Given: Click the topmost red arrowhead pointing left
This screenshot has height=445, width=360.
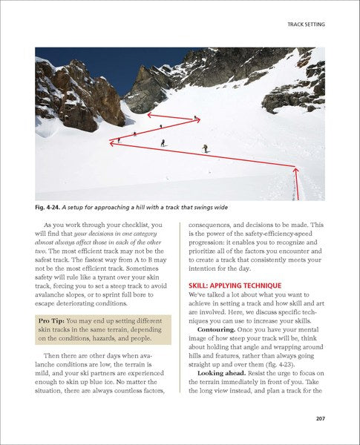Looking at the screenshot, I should (149, 115).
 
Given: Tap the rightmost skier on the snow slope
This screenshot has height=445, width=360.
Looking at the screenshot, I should (206, 148).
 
